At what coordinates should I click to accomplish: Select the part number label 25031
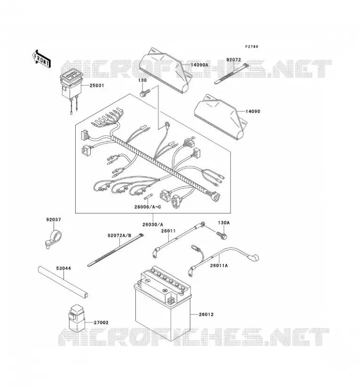click(x=97, y=85)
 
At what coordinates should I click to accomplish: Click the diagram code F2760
click(x=251, y=46)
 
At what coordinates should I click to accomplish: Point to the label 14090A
click(x=199, y=65)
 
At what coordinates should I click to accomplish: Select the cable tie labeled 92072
click(x=231, y=74)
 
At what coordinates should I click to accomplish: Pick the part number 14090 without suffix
click(x=253, y=112)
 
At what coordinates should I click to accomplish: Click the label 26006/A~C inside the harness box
click(x=147, y=207)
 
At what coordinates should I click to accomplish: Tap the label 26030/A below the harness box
click(x=153, y=225)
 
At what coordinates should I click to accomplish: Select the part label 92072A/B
click(x=119, y=235)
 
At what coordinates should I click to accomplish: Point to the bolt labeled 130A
click(x=222, y=235)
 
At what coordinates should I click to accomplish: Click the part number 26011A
click(x=219, y=265)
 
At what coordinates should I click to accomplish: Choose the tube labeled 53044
click(x=63, y=282)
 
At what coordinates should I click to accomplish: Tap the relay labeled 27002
click(x=77, y=318)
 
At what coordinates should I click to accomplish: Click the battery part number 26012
click(x=206, y=314)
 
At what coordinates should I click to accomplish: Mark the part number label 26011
click(x=168, y=231)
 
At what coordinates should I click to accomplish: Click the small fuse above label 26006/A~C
click(x=148, y=196)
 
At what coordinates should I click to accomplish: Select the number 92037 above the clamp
click(x=53, y=220)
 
